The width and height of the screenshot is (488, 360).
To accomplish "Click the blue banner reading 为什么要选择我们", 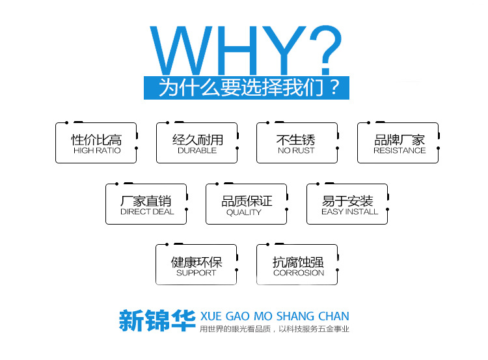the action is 247,88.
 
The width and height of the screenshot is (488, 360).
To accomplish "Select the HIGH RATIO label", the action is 97,150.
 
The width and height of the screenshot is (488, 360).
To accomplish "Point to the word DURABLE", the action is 197,150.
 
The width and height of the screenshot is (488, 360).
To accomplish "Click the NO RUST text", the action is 296,150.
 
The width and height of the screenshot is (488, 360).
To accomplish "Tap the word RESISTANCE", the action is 400,150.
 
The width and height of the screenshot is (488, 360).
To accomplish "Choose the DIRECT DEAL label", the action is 147,212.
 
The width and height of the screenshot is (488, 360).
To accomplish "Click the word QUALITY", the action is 244,212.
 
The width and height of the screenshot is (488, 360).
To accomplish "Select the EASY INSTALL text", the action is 350,212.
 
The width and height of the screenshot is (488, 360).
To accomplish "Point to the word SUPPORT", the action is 196,273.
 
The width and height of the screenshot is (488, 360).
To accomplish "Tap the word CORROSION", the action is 299,273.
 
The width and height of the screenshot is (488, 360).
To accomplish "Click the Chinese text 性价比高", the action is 96,140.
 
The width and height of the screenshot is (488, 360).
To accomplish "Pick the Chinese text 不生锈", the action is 295,140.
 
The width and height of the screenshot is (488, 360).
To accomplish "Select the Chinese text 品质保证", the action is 247,201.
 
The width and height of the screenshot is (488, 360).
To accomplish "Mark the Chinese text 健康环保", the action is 197,262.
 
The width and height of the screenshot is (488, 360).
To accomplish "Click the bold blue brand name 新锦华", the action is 157,320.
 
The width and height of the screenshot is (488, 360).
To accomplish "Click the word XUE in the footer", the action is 211,316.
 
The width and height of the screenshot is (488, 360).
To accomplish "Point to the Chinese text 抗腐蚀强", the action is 298,262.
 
